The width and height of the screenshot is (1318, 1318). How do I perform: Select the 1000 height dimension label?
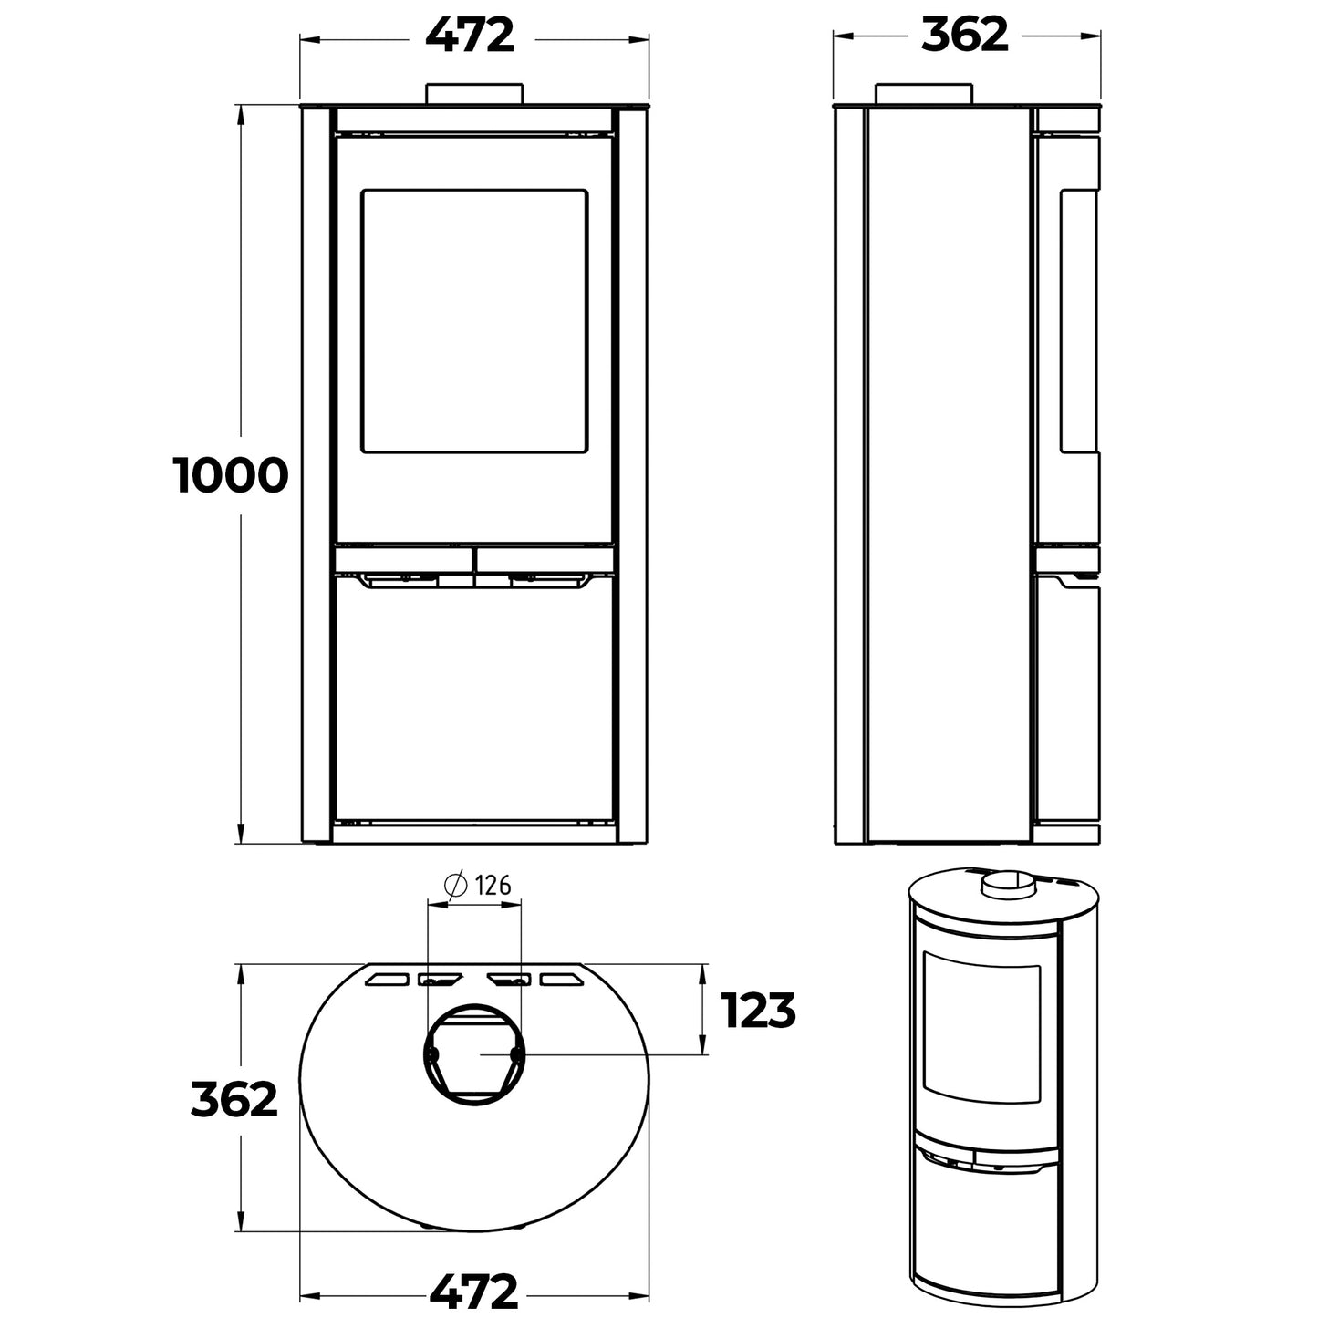(231, 476)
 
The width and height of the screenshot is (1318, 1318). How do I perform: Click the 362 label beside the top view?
(234, 1100)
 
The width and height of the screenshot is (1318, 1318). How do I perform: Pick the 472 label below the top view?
(472, 1291)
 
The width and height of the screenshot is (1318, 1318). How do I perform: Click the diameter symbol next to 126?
(454, 885)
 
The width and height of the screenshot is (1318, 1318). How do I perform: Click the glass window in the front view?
(473, 320)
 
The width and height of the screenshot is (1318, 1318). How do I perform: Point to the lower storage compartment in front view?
(473, 698)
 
